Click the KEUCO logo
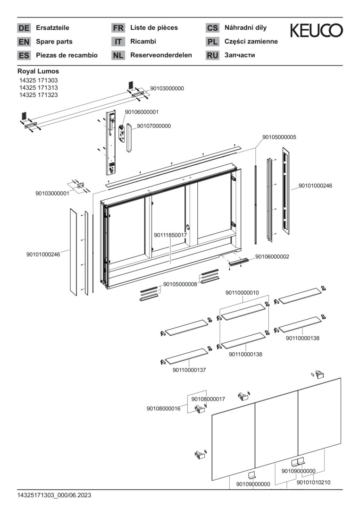316,31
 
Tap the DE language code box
24,28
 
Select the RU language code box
212,55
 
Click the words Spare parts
54,42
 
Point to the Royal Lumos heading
38,71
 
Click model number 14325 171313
38,88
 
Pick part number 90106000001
142,112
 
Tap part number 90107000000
154,126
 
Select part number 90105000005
279,137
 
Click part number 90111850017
171,235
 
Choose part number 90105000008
180,284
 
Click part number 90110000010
242,293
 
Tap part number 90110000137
189,370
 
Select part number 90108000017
208,399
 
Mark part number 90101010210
313,482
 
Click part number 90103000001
52,193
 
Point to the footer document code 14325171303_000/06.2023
54,495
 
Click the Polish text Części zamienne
251,42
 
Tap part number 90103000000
167,88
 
